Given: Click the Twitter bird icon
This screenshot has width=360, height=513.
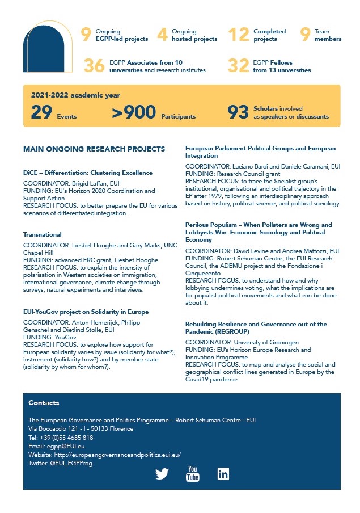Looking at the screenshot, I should (162, 473).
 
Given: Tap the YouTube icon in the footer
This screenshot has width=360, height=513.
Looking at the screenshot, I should (193, 473).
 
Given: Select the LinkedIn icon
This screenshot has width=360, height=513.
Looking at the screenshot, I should (223, 473).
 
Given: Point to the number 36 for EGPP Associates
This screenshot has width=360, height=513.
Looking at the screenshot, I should (94, 66).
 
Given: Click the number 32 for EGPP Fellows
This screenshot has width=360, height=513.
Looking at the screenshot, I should (239, 66).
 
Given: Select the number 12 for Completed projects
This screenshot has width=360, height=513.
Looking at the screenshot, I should (239, 35).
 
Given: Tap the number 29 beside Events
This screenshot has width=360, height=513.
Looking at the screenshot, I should (41, 112).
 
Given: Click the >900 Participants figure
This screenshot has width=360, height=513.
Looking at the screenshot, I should (134, 112).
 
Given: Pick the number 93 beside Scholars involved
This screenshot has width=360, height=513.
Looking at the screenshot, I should (238, 112).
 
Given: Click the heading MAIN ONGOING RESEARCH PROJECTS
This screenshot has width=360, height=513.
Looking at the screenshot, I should (94, 149).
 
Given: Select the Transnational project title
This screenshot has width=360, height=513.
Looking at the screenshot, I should (43, 234).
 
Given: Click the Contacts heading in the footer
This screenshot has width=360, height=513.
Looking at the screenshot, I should (44, 403).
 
